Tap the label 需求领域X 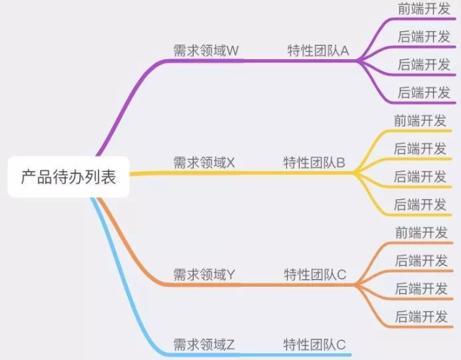[204, 162]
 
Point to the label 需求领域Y [204, 275]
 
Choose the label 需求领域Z [204, 344]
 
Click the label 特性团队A [318, 50]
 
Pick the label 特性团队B [314, 162]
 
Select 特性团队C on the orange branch [315, 275]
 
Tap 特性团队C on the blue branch [315, 344]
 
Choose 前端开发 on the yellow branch [421, 121]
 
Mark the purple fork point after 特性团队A [358, 61]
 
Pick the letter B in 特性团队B [340, 162]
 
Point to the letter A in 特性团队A [344, 50]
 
